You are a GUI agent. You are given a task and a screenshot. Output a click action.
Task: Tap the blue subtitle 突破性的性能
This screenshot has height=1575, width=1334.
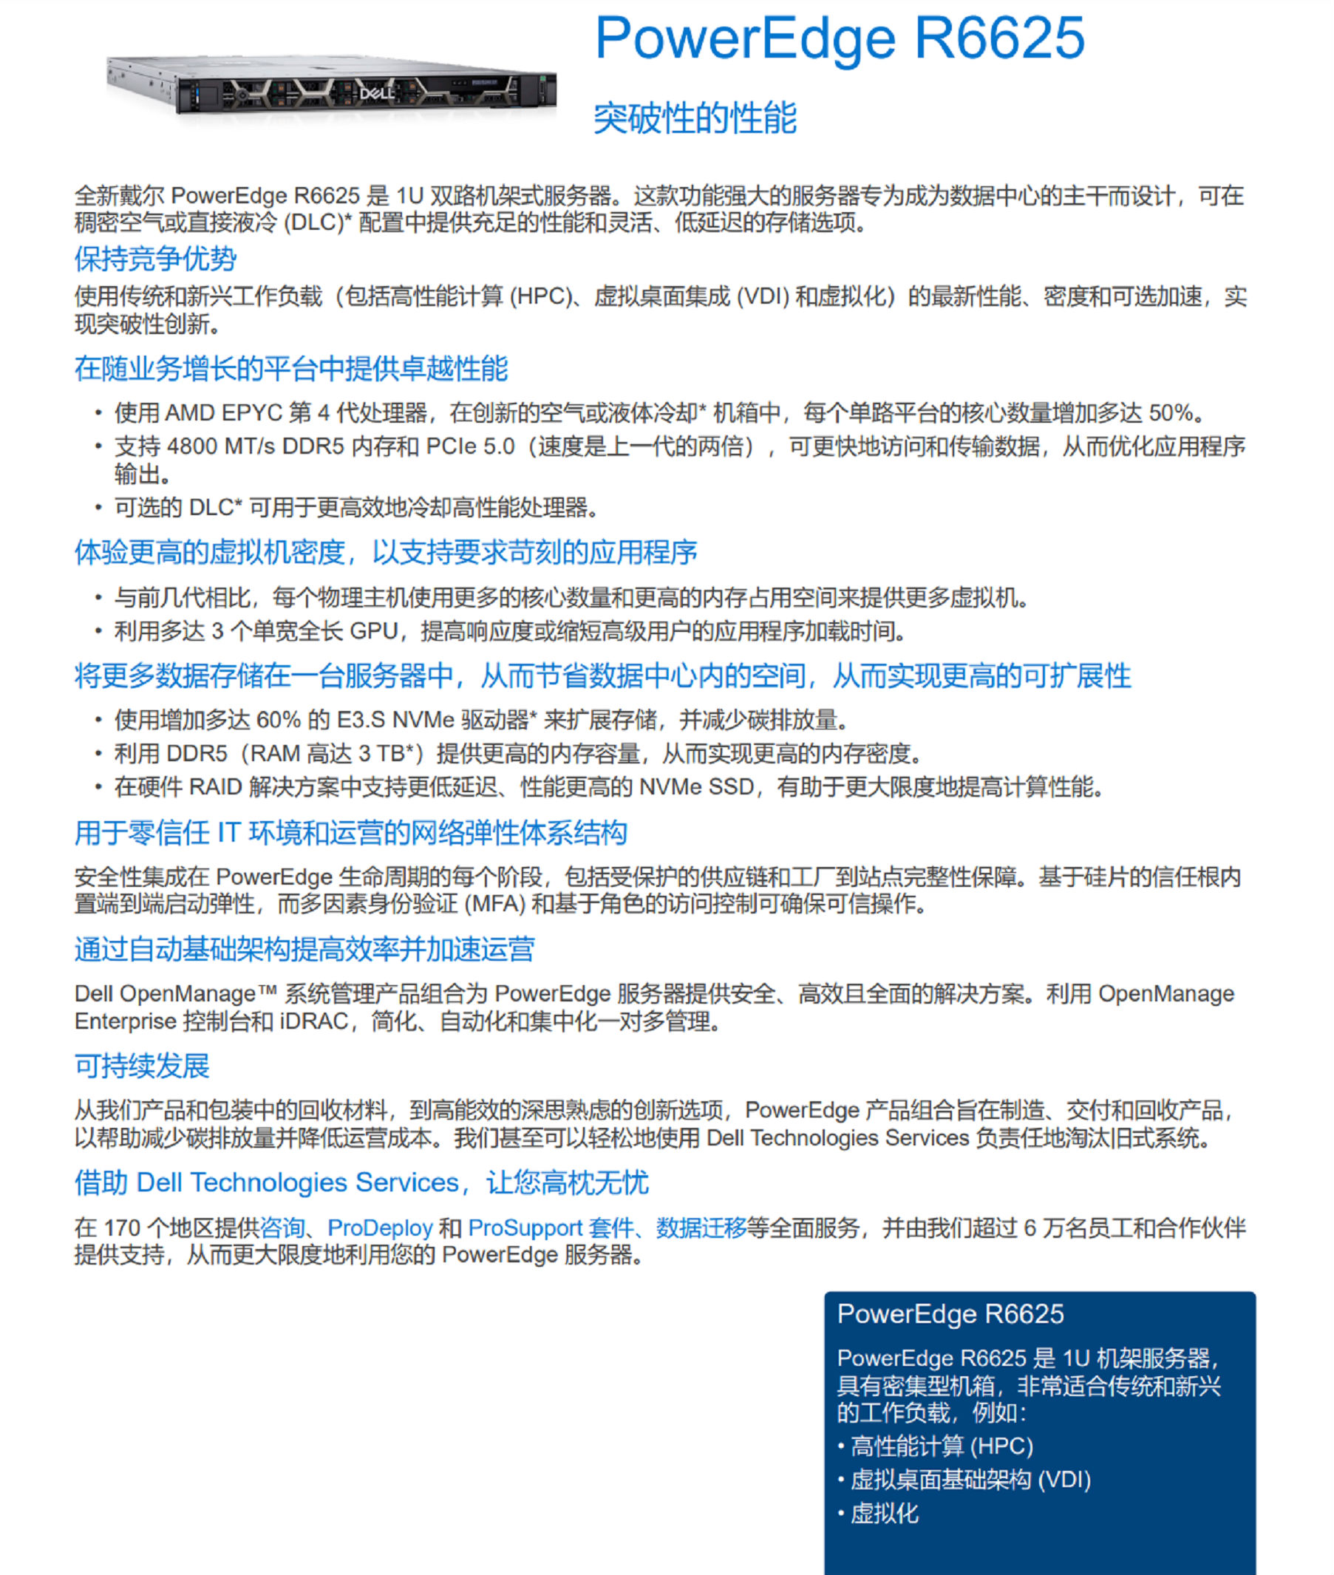(x=695, y=119)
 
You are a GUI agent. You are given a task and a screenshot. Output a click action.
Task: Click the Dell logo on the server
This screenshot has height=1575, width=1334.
(x=376, y=93)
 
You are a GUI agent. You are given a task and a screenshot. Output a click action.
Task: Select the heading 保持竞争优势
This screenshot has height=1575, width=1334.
(x=155, y=259)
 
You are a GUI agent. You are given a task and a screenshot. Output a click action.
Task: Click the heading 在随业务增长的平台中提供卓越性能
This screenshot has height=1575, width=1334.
(x=291, y=369)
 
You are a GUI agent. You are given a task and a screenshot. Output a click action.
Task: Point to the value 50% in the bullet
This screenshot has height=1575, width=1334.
(x=1171, y=414)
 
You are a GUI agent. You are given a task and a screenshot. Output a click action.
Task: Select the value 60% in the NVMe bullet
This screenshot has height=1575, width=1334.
(x=279, y=720)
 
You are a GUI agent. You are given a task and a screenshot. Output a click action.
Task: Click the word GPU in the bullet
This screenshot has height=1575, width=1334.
(x=373, y=631)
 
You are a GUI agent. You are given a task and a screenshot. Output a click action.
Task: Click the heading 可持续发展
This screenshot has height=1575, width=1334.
(x=142, y=1066)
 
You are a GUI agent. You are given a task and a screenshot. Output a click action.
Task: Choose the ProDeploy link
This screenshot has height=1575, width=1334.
(x=380, y=1228)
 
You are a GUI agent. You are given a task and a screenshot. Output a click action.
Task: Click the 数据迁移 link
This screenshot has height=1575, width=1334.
(x=701, y=1228)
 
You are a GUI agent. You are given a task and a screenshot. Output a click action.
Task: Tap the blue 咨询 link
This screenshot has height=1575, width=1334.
(x=282, y=1228)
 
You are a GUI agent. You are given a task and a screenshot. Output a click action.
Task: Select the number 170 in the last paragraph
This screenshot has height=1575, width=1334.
(x=122, y=1228)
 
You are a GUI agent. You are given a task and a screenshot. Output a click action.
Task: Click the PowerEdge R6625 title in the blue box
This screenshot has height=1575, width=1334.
(x=950, y=1314)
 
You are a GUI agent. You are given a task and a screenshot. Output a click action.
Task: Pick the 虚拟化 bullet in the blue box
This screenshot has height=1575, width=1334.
(x=884, y=1514)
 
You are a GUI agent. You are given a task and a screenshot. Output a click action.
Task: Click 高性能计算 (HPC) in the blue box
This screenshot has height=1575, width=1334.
(x=942, y=1446)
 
